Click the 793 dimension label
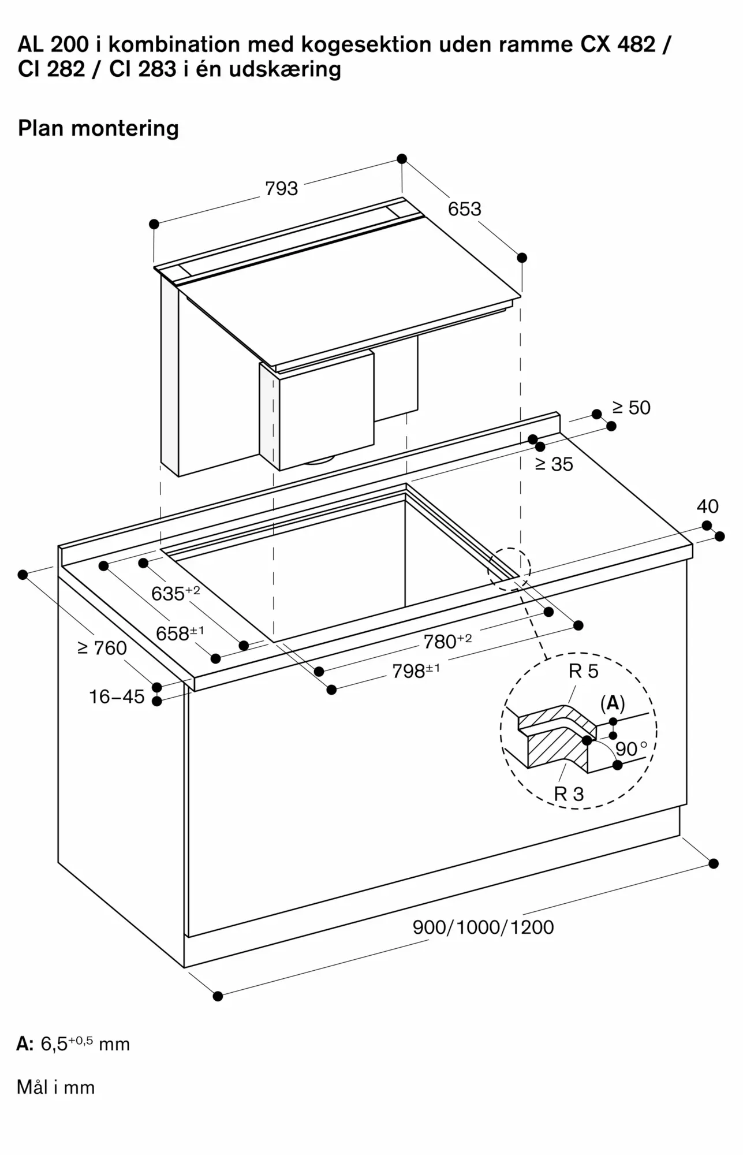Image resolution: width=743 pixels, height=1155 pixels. [x=282, y=188]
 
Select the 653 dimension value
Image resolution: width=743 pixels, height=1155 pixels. [x=465, y=208]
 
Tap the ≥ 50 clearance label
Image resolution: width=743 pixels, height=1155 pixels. [x=632, y=408]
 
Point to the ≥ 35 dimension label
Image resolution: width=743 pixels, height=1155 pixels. [x=554, y=464]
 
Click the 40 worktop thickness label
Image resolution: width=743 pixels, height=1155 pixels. [x=708, y=506]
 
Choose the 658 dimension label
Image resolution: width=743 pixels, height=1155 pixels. [x=180, y=633]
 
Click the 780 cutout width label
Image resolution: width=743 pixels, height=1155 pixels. [x=448, y=640]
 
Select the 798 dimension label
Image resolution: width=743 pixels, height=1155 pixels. [x=416, y=670]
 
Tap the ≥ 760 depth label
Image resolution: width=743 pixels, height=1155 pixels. [x=102, y=649]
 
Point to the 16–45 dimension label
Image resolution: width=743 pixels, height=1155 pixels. [x=117, y=697]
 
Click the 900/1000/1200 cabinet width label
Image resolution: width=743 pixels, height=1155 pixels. [x=483, y=927]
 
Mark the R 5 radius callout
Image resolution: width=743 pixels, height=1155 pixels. [x=584, y=671]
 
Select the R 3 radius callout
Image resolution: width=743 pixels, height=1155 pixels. [x=569, y=794]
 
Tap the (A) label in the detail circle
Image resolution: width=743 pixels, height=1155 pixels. [x=613, y=703]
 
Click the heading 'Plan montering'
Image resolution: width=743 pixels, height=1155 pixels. [x=99, y=128]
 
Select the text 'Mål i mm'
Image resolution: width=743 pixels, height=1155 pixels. [x=56, y=1087]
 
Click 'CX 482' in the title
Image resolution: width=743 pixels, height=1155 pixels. [x=618, y=44]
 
